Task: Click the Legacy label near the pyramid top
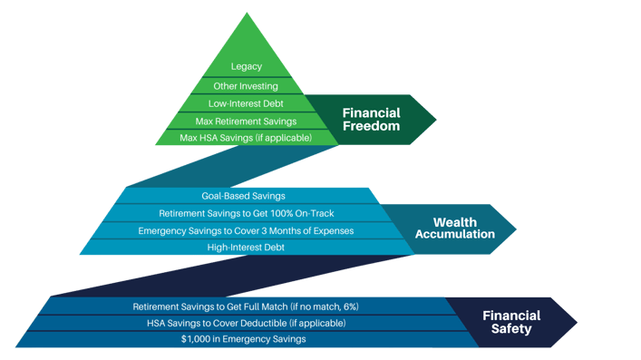247,66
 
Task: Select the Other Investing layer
247,86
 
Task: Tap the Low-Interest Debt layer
247,103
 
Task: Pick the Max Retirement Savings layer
247,121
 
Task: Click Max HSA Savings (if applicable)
247,138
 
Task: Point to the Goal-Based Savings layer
243,196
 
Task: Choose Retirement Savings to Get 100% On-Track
247,213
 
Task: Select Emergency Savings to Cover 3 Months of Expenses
246,230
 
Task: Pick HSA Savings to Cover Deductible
246,323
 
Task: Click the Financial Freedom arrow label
371,120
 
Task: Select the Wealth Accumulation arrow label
455,229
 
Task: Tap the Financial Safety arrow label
511,322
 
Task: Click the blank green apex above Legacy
247,36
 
